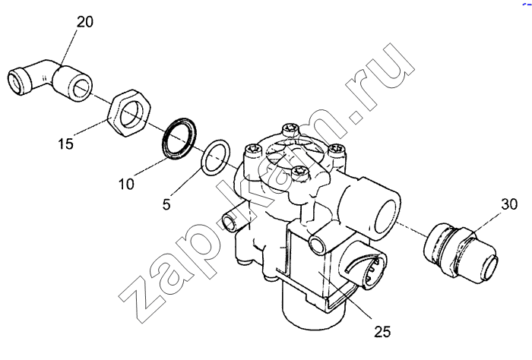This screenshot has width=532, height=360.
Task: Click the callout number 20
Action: coord(85,22)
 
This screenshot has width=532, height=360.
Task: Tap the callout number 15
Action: coord(65,144)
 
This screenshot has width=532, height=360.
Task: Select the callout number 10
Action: coord(126,184)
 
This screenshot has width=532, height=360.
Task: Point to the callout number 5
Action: coord(166,204)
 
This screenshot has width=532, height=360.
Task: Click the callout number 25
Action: coord(383,332)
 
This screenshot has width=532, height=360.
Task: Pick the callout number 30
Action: coord(510,204)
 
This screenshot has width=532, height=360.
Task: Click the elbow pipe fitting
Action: coord(49,81)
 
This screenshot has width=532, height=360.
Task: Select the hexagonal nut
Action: coord(128,113)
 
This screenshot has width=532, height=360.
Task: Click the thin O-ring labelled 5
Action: coord(216,157)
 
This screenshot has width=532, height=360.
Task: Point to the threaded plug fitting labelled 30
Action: coord(461,253)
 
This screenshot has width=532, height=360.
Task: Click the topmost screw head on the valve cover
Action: coord(290,129)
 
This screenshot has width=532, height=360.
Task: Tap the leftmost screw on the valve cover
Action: coord(252,151)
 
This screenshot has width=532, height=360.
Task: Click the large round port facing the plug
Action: coord(387,219)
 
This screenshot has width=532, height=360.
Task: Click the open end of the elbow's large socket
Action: coord(80,87)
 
